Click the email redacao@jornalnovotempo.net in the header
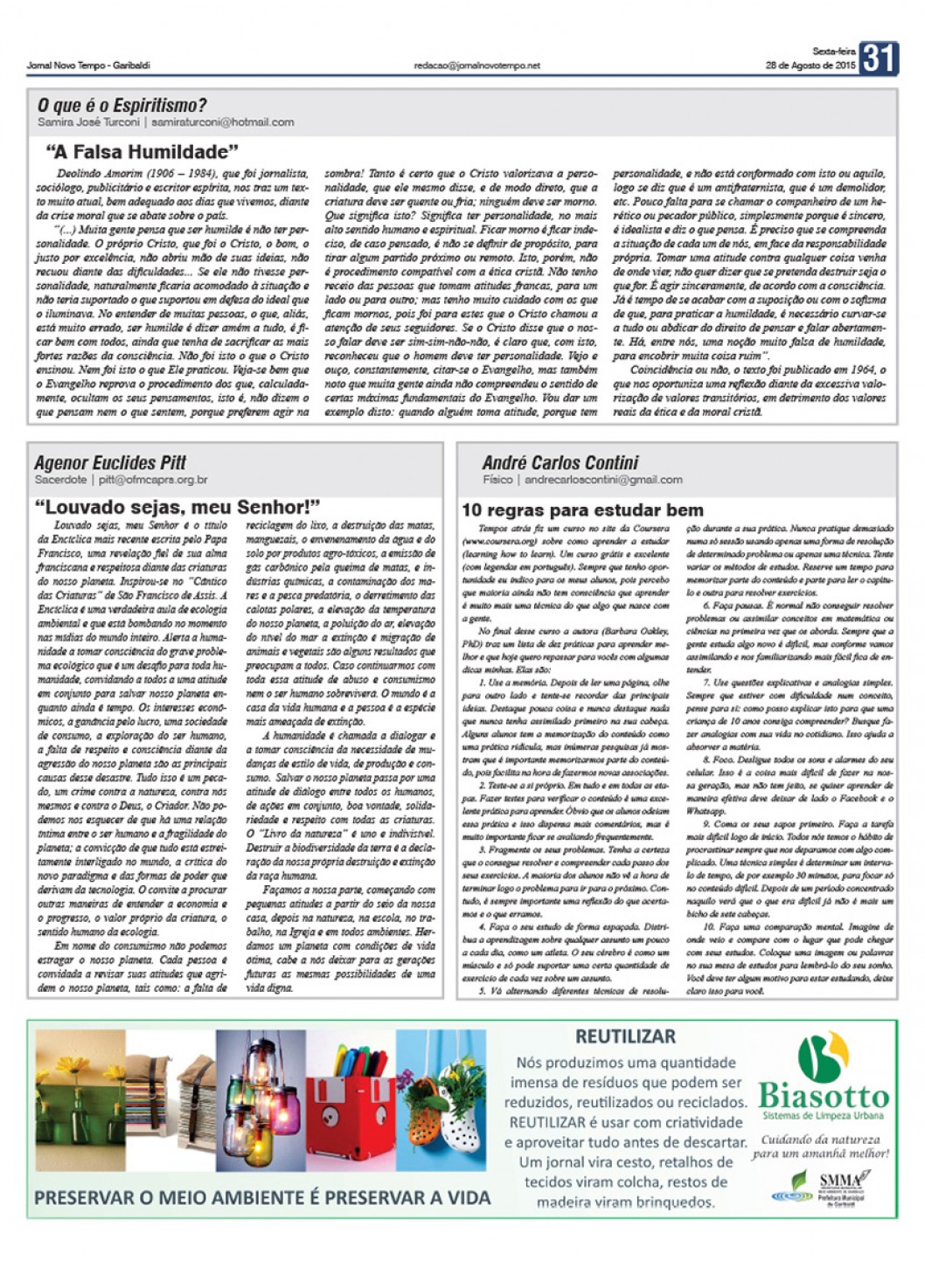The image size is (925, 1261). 476,66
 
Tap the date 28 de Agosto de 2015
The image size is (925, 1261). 810,65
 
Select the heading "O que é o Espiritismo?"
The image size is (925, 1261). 122,106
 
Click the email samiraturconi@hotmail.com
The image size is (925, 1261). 223,122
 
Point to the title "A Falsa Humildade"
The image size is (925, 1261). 142,152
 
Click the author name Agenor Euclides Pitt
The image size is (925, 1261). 110,462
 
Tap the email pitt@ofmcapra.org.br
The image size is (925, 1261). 153,480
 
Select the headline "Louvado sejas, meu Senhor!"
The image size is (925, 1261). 177,507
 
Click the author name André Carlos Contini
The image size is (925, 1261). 560,462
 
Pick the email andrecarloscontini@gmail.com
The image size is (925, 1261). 603,480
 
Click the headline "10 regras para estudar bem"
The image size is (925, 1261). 582,510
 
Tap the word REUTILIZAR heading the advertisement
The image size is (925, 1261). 625,1037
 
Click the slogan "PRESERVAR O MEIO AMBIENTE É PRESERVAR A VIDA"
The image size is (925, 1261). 262,1197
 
